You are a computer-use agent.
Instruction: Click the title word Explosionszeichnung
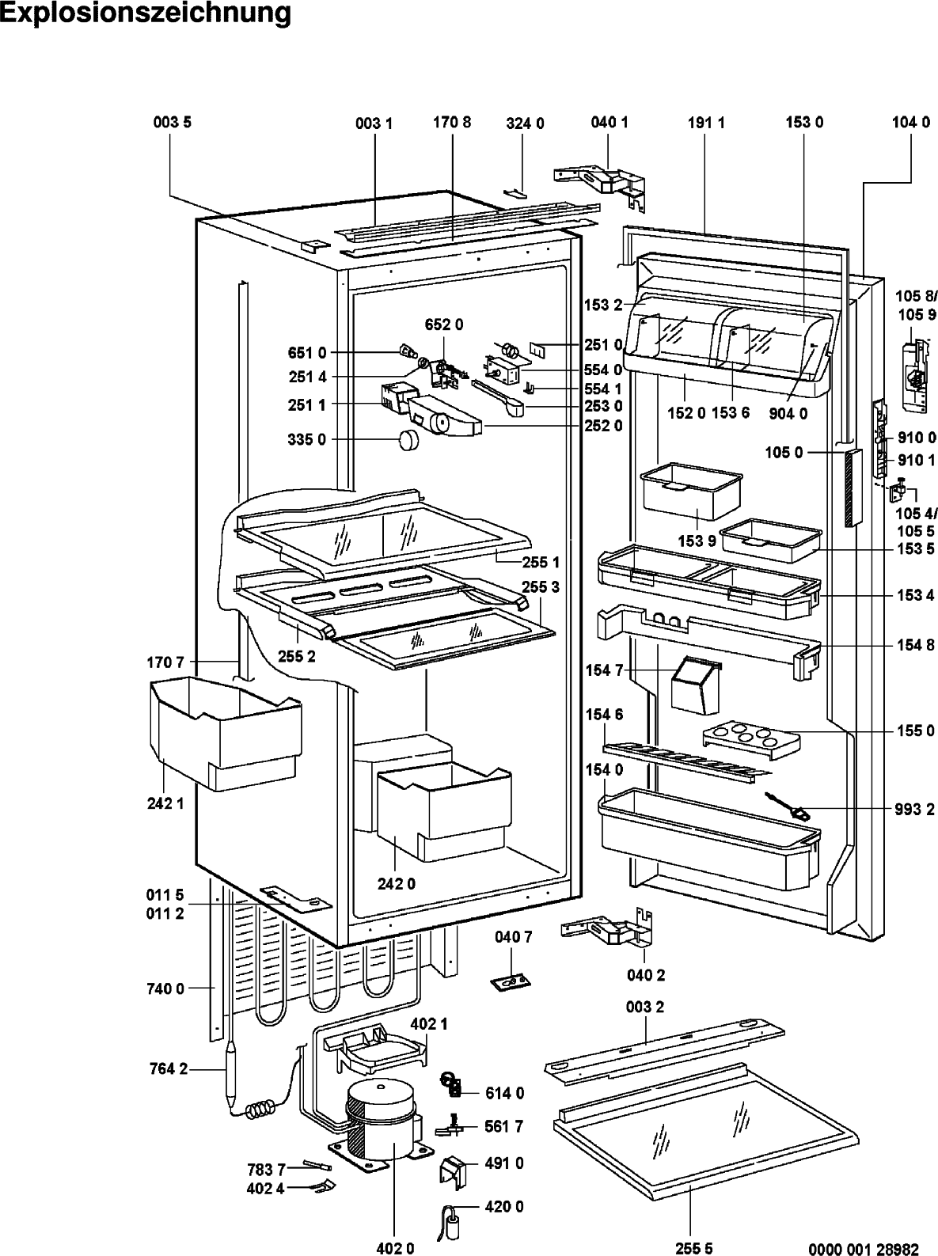146,15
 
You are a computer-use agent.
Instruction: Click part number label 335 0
307,440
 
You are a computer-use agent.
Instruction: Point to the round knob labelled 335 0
408,440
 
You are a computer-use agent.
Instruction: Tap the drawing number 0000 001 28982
864,1249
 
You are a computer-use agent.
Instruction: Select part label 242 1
166,804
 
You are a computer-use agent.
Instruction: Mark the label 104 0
910,123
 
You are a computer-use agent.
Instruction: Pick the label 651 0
307,353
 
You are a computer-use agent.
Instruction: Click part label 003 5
172,123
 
